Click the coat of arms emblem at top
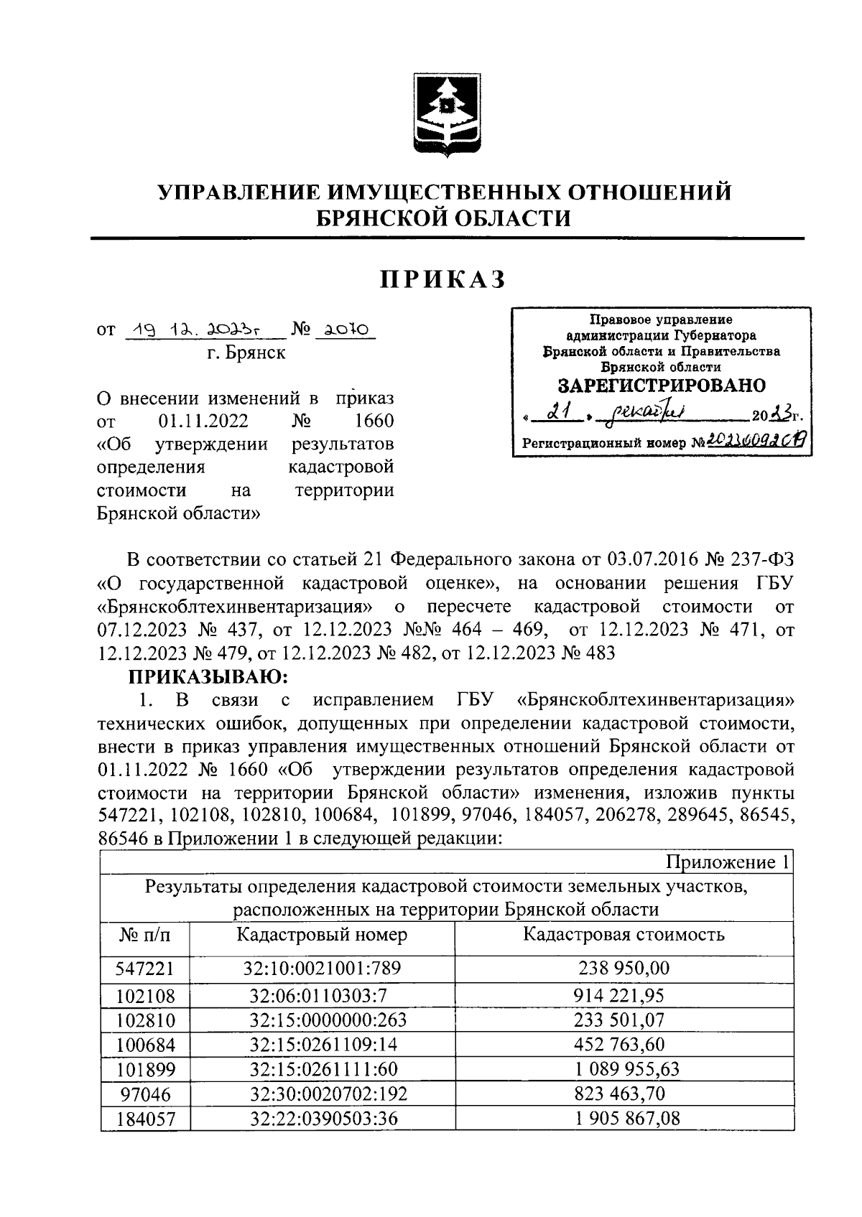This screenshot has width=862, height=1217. click(442, 113)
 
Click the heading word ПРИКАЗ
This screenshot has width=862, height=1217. click(443, 279)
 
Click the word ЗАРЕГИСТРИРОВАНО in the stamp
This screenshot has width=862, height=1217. click(661, 386)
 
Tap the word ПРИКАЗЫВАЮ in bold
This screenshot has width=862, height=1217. click(208, 676)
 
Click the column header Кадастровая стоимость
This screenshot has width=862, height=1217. click(624, 934)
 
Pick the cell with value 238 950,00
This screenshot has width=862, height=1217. click(624, 968)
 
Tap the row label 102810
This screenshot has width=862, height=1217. click(145, 1020)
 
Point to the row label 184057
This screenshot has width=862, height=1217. click(145, 1119)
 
